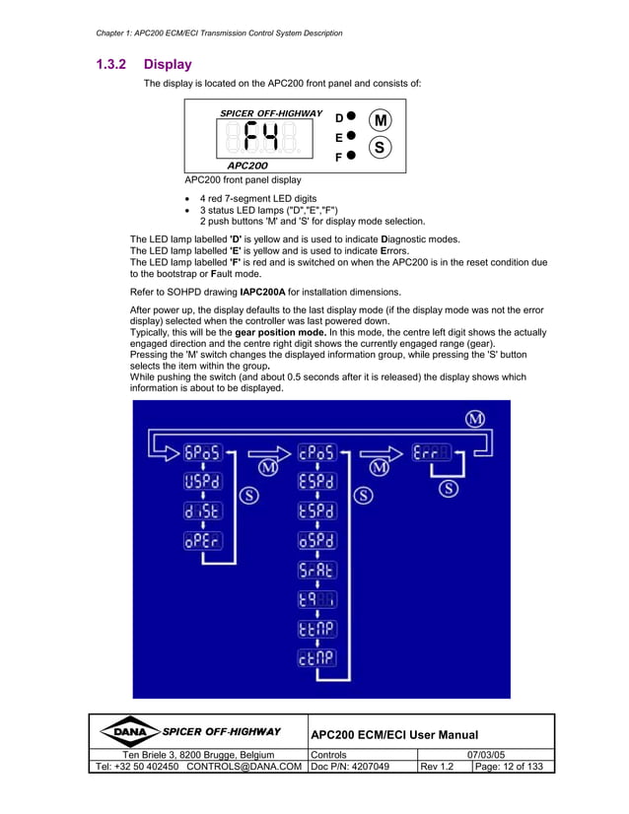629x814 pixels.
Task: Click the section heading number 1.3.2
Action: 111,65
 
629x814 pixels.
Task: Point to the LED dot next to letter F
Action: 351,156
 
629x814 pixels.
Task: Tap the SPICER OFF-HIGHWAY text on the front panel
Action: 270,113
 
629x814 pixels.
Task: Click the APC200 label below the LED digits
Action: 247,166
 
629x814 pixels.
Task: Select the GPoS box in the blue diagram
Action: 203,453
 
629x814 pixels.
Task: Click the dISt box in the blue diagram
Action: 203,511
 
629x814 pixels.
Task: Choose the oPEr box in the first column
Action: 203,541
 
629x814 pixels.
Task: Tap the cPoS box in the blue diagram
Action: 317,453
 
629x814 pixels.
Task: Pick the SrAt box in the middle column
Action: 317,570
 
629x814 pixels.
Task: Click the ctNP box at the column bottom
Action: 317,657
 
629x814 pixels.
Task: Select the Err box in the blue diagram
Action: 432,453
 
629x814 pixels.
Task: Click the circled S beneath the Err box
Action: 450,489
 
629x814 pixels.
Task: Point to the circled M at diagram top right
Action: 476,419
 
